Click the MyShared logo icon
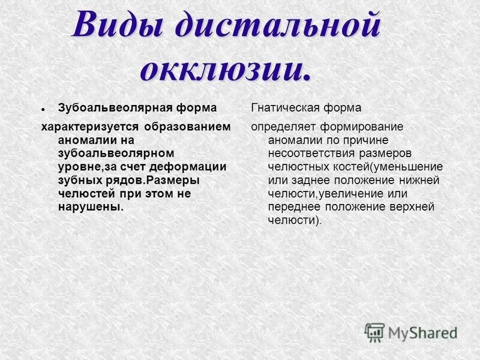pyautogui.click(x=374, y=332)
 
